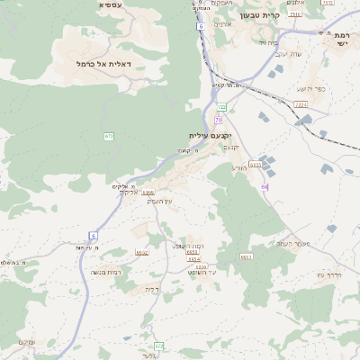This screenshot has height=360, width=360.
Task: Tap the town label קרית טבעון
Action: pyautogui.click(x=261, y=15)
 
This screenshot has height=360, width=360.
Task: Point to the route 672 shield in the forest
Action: pyautogui.click(x=109, y=136)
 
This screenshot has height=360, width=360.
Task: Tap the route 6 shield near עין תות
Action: pyautogui.click(x=93, y=236)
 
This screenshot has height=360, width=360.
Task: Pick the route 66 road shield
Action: pyautogui.click(x=265, y=186)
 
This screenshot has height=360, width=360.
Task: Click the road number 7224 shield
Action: pyautogui.click(x=301, y=104)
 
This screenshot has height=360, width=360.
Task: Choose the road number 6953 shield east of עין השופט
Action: pyautogui.click(x=246, y=257)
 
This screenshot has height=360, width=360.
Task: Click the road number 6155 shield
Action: pyautogui.click(x=255, y=165)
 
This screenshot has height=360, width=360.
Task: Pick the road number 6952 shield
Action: pyautogui.click(x=141, y=253)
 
